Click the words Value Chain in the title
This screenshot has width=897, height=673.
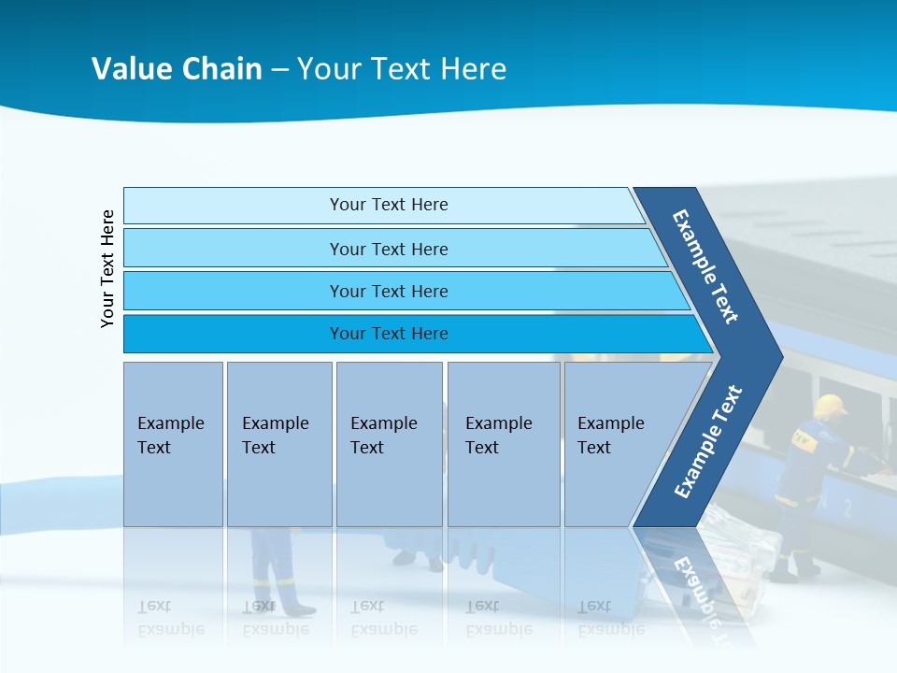pos(177,69)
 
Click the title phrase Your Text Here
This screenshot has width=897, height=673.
pos(402,69)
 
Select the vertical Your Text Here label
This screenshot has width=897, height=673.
pos(108,269)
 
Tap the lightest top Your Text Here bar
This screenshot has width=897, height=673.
pos(389,205)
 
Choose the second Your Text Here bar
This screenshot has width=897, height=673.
pos(389,249)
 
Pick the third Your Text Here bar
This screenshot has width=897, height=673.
pos(389,291)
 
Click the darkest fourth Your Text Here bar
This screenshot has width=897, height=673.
pos(389,334)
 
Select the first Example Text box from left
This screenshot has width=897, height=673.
pos(173,444)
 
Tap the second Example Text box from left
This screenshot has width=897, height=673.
pos(278,444)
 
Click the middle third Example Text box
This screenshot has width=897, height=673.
pos(388,444)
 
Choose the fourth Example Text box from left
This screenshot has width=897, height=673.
pos(503,444)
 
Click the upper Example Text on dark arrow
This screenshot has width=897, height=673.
pos(705,266)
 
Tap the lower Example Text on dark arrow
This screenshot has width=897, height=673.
pos(707,442)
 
